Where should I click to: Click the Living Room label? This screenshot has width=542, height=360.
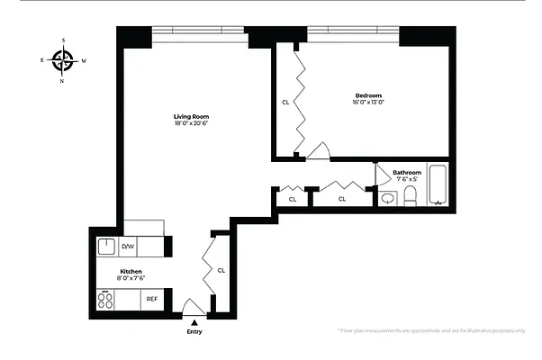(191, 116)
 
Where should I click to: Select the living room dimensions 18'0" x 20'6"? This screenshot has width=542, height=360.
(191, 124)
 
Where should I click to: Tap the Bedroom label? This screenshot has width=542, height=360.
(368, 95)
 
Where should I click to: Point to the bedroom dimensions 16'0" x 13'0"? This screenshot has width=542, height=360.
(368, 103)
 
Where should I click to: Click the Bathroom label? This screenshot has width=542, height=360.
(407, 172)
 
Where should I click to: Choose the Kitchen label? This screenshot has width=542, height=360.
(131, 271)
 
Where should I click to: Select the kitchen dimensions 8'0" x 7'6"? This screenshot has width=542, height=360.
(131, 279)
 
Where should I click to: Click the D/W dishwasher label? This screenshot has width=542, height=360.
(128, 246)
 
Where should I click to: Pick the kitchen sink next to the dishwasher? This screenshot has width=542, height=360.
(106, 246)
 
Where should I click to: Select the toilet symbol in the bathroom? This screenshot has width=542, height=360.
(410, 195)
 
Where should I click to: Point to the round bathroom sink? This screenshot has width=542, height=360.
(388, 198)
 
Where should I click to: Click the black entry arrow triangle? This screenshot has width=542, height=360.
(194, 321)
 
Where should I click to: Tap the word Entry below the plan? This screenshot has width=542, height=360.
(194, 332)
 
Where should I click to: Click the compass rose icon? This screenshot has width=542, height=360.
(63, 60)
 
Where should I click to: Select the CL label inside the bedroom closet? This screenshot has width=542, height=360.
(285, 102)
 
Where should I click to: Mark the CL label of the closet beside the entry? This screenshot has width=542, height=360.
(221, 269)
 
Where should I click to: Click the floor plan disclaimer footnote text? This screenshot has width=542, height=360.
(431, 331)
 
